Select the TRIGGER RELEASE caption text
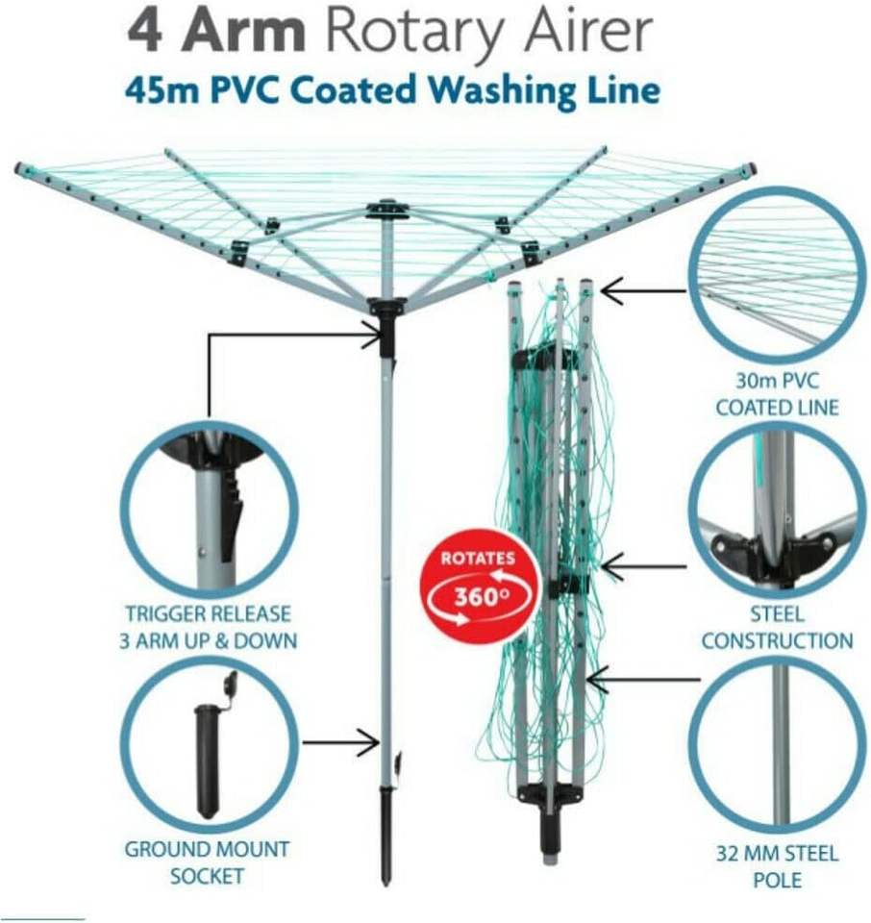208,613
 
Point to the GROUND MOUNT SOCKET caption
207,862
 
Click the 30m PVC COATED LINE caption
776,393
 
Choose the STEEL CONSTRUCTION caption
777,627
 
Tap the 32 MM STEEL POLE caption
777,866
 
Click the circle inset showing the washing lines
776,273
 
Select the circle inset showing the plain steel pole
777,744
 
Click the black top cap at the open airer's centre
387,207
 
